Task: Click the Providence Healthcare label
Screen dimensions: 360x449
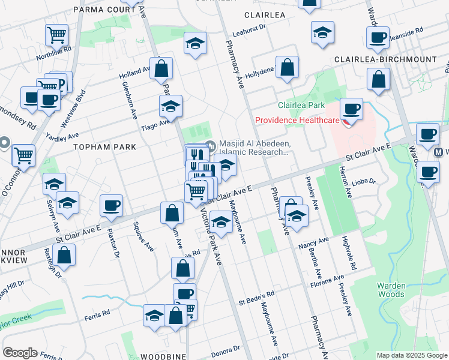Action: [x=297, y=120]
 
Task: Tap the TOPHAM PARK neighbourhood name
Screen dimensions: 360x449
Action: [x=105, y=146]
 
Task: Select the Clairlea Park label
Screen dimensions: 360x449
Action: [x=301, y=105]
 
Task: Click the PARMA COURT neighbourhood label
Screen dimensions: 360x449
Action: [x=104, y=10]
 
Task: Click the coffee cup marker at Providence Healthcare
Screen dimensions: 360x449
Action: [x=351, y=109]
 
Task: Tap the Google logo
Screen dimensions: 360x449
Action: [x=20, y=353]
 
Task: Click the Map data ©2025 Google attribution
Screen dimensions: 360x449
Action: [x=411, y=355]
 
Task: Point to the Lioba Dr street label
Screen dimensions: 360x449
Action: [x=363, y=181]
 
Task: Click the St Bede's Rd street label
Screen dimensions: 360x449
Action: [x=256, y=295]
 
